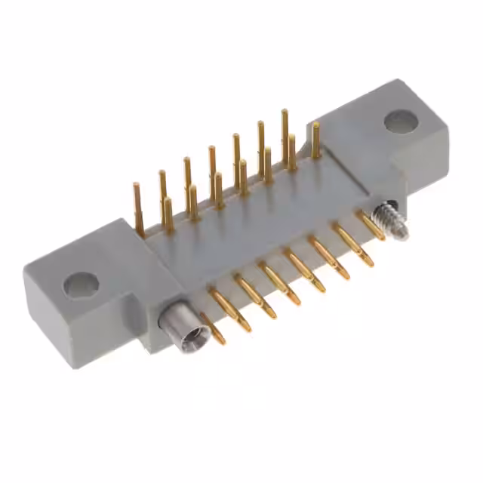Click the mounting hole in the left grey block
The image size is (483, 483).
click(81, 285)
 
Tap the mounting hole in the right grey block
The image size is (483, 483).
click(400, 121)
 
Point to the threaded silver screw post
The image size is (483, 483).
click(390, 220)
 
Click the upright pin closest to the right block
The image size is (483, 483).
click(315, 140)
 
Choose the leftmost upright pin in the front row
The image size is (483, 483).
click(168, 214)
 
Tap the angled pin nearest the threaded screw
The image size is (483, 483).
click(371, 225)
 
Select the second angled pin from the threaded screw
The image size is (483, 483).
click(353, 245)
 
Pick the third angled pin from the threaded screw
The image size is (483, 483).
click(329, 257)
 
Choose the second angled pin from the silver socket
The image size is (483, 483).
click(230, 309)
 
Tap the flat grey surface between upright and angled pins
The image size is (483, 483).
click(249, 226)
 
